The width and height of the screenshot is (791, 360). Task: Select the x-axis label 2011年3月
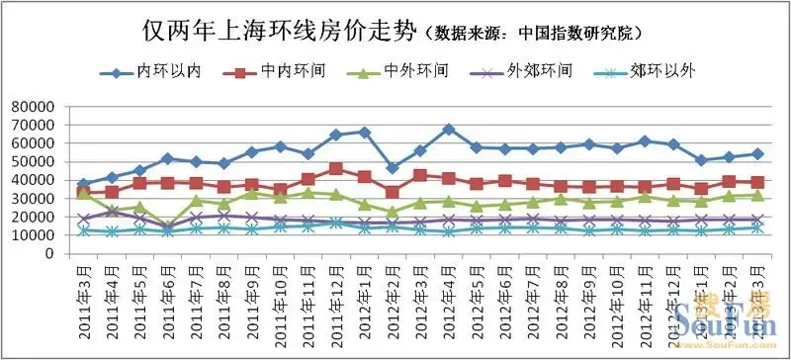(x=82, y=293)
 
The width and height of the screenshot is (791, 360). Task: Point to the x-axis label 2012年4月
(x=447, y=293)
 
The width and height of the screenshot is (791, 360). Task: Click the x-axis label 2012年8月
(x=560, y=293)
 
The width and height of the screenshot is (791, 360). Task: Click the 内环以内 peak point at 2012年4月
(x=448, y=129)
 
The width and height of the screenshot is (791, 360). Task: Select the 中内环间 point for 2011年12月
(x=336, y=168)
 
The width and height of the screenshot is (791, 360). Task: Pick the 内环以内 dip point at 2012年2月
(x=393, y=168)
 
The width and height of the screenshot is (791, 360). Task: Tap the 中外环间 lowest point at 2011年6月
(x=168, y=225)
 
